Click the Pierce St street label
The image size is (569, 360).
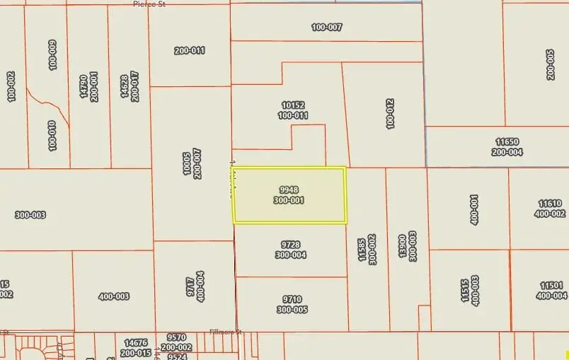tap(150, 4)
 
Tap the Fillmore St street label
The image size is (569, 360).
tap(226, 332)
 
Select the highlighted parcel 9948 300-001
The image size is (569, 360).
tap(289, 195)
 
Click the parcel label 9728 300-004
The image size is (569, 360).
tap(291, 250)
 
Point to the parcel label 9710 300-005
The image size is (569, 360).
tap(291, 305)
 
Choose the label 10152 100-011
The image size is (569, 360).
tap(292, 110)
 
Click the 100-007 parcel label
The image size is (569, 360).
tap(326, 28)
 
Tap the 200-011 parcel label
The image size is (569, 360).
tap(190, 50)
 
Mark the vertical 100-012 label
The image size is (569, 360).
tap(390, 113)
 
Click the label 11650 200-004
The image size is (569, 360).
tap(507, 147)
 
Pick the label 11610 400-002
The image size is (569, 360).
tap(550, 209)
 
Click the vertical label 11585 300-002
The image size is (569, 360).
tap(367, 249)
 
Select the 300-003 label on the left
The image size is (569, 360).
tap(30, 214)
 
